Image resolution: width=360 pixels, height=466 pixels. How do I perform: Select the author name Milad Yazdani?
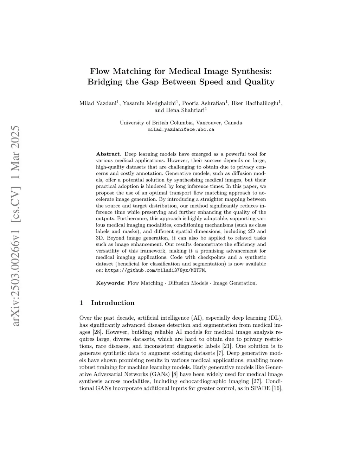point(98,103)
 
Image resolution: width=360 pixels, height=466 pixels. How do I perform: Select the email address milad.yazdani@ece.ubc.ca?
point(181,129)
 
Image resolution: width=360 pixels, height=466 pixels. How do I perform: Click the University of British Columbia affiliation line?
point(181,123)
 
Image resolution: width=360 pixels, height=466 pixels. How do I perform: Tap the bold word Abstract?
point(109,154)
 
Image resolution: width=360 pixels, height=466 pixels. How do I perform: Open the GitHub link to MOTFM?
point(155,270)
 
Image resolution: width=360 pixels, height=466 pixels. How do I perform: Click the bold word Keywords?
point(110,283)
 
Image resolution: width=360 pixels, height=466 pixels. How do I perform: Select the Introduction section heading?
point(112,303)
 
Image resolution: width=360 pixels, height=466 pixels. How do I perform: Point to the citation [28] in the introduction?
point(97,332)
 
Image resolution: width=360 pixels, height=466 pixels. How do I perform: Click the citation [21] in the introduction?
point(227,346)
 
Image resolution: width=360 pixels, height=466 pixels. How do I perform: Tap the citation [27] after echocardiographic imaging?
point(257,381)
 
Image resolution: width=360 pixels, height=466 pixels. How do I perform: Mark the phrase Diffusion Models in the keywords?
point(188,283)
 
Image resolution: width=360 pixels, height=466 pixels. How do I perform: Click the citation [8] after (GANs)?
point(174,374)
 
